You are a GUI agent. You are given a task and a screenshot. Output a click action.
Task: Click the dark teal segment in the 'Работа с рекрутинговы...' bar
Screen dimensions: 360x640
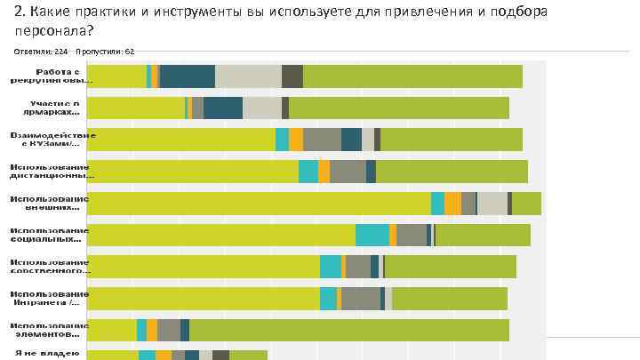tap(188, 76)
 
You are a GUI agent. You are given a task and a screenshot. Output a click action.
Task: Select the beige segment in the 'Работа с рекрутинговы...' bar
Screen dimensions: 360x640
tap(248, 76)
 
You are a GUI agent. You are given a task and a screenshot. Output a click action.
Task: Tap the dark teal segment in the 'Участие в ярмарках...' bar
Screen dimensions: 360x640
tap(222, 108)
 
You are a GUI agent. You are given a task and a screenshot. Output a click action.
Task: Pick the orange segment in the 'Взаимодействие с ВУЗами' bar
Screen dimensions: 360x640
tap(296, 140)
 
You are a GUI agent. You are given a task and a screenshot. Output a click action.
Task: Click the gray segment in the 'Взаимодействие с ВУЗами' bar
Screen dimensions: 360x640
tap(322, 140)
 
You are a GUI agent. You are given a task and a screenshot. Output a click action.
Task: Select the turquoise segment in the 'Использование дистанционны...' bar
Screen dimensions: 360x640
tap(308, 172)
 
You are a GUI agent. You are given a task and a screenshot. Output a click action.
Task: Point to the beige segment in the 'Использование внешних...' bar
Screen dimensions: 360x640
tap(492, 204)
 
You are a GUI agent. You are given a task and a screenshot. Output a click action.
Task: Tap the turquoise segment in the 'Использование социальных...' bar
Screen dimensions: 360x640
tap(372, 235)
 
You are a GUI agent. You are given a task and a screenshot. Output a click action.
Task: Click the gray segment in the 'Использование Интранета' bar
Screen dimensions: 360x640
tap(361, 299)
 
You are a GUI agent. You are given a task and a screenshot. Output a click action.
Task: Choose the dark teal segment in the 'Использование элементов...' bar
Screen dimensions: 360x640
tap(185, 330)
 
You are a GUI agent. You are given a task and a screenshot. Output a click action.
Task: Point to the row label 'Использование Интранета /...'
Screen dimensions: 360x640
tap(50, 299)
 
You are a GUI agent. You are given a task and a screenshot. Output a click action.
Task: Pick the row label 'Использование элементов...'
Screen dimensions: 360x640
tap(50, 330)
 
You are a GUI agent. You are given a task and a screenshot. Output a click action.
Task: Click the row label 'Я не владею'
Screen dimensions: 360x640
tap(48, 355)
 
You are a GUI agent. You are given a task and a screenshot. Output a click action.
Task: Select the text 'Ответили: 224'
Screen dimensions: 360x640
tap(41, 52)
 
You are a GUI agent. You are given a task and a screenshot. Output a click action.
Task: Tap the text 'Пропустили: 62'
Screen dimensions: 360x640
tap(106, 52)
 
